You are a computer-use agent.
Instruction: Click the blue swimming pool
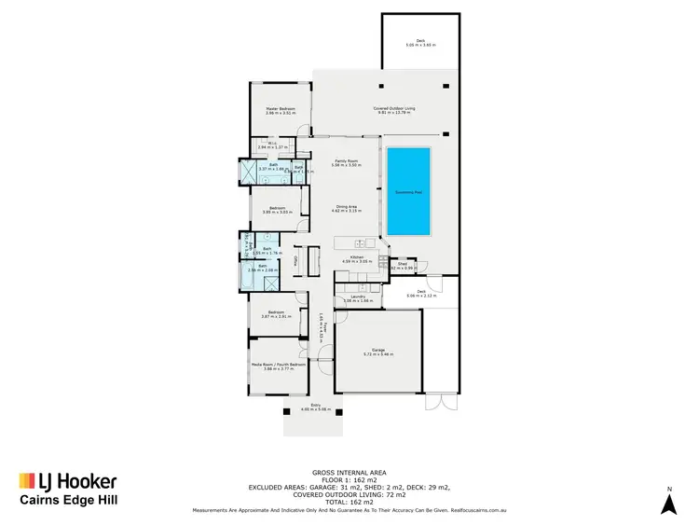407,191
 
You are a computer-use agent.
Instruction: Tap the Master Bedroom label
280,110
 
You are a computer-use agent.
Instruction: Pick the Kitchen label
356,258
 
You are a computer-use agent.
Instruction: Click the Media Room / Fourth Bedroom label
278,366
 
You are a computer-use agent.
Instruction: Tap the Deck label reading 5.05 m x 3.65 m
420,43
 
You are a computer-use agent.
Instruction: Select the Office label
296,260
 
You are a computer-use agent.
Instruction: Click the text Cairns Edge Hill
69,501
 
